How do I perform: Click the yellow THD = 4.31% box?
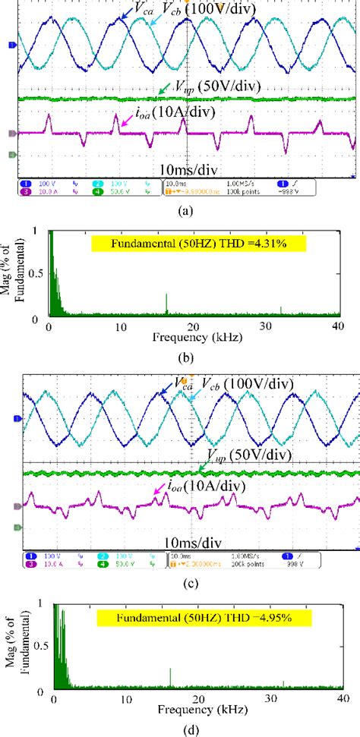coord(198,244)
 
